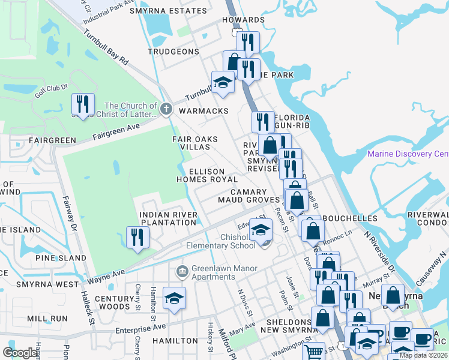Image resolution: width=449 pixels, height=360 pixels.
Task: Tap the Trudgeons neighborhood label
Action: [x=173, y=52]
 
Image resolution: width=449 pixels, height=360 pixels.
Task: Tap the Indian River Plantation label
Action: [x=167, y=218]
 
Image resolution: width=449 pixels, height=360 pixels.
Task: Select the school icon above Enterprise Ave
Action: [x=174, y=299]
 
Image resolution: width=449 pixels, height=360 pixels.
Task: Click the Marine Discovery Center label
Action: [x=408, y=154]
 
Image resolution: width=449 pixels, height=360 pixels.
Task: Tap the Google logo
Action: [x=20, y=353]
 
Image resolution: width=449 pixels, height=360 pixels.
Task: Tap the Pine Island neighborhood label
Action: [x=61, y=258]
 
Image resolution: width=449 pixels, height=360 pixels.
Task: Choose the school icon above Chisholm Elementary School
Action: [x=261, y=230]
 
